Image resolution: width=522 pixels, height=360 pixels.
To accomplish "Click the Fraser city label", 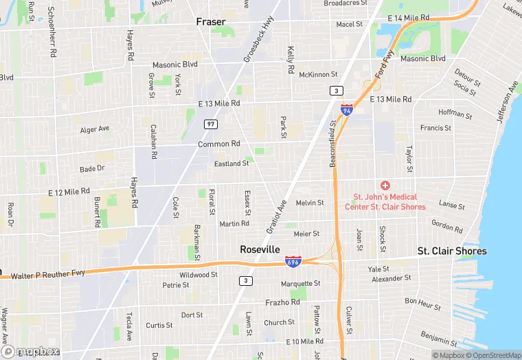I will [211, 22].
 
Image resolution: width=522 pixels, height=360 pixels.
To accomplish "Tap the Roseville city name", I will [259, 250].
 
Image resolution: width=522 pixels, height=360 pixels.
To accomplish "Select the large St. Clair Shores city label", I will [452, 251].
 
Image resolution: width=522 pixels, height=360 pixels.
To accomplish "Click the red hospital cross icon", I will [385, 185].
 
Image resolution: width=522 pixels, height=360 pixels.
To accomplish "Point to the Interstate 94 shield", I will [348, 109].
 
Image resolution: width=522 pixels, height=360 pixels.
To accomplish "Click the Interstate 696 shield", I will [291, 262].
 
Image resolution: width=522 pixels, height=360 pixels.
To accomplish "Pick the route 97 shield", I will [210, 124].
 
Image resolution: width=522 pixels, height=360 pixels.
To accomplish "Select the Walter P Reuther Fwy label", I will [47, 274].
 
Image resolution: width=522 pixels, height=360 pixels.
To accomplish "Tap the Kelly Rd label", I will [291, 60].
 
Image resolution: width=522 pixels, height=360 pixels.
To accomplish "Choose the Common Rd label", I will [218, 144].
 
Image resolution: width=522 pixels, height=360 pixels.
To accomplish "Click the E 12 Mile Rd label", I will [69, 192].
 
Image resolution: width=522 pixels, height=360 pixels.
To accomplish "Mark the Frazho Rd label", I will [282, 302].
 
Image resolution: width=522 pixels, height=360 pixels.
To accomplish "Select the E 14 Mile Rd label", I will [408, 18].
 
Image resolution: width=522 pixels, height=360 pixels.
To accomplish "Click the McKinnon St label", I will [319, 74].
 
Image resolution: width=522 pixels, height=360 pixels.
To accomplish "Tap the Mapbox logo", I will [30, 351].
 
